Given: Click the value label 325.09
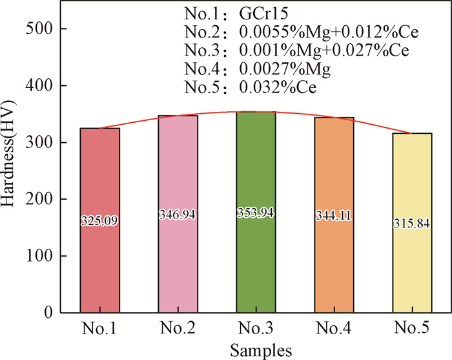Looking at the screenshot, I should click(100, 221).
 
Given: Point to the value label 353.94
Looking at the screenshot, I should click(256, 214).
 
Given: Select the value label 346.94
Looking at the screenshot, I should click(178, 215).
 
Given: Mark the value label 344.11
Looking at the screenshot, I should click(334, 216).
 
